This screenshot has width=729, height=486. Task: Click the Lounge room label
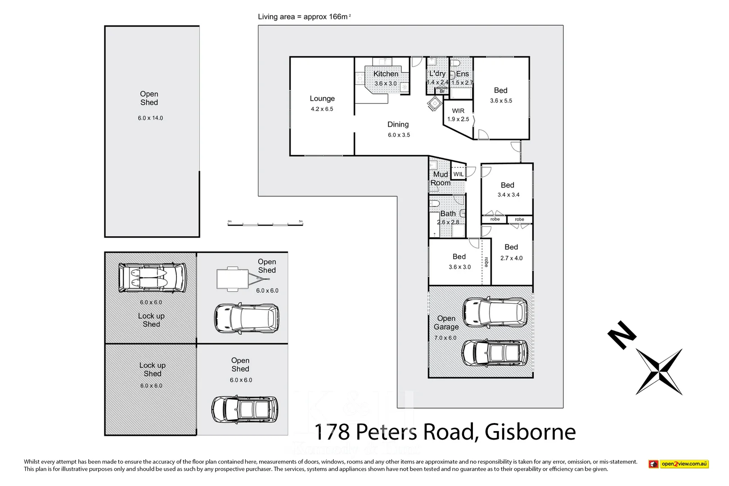pyautogui.click(x=322, y=99)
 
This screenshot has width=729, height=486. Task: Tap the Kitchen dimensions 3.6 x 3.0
pyautogui.click(x=386, y=84)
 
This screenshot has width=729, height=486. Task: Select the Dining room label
pyautogui.click(x=398, y=125)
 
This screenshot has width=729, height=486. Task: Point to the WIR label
pyautogui.click(x=458, y=111)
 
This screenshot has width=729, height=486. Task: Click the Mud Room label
pyautogui.click(x=440, y=179)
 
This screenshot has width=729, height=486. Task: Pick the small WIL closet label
pyautogui.click(x=458, y=174)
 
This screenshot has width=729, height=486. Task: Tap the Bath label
pyautogui.click(x=448, y=214)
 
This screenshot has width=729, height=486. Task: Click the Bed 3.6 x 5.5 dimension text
pyautogui.click(x=501, y=101)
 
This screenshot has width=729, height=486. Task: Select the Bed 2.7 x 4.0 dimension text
pyautogui.click(x=511, y=258)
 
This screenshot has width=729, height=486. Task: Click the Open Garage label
pyautogui.click(x=446, y=323)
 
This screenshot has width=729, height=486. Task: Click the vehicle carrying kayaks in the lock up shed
pyautogui.click(x=152, y=278)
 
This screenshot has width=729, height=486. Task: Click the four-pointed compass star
pyautogui.click(x=659, y=372)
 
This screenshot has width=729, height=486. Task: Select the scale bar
pyautogui.click(x=265, y=224)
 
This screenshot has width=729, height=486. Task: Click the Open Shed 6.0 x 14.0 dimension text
pyautogui.click(x=150, y=118)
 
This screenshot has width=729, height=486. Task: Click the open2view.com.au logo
pyautogui.click(x=679, y=464)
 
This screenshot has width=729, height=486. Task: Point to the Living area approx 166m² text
pyautogui.click(x=304, y=17)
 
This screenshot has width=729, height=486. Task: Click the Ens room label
pyautogui.click(x=462, y=74)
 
